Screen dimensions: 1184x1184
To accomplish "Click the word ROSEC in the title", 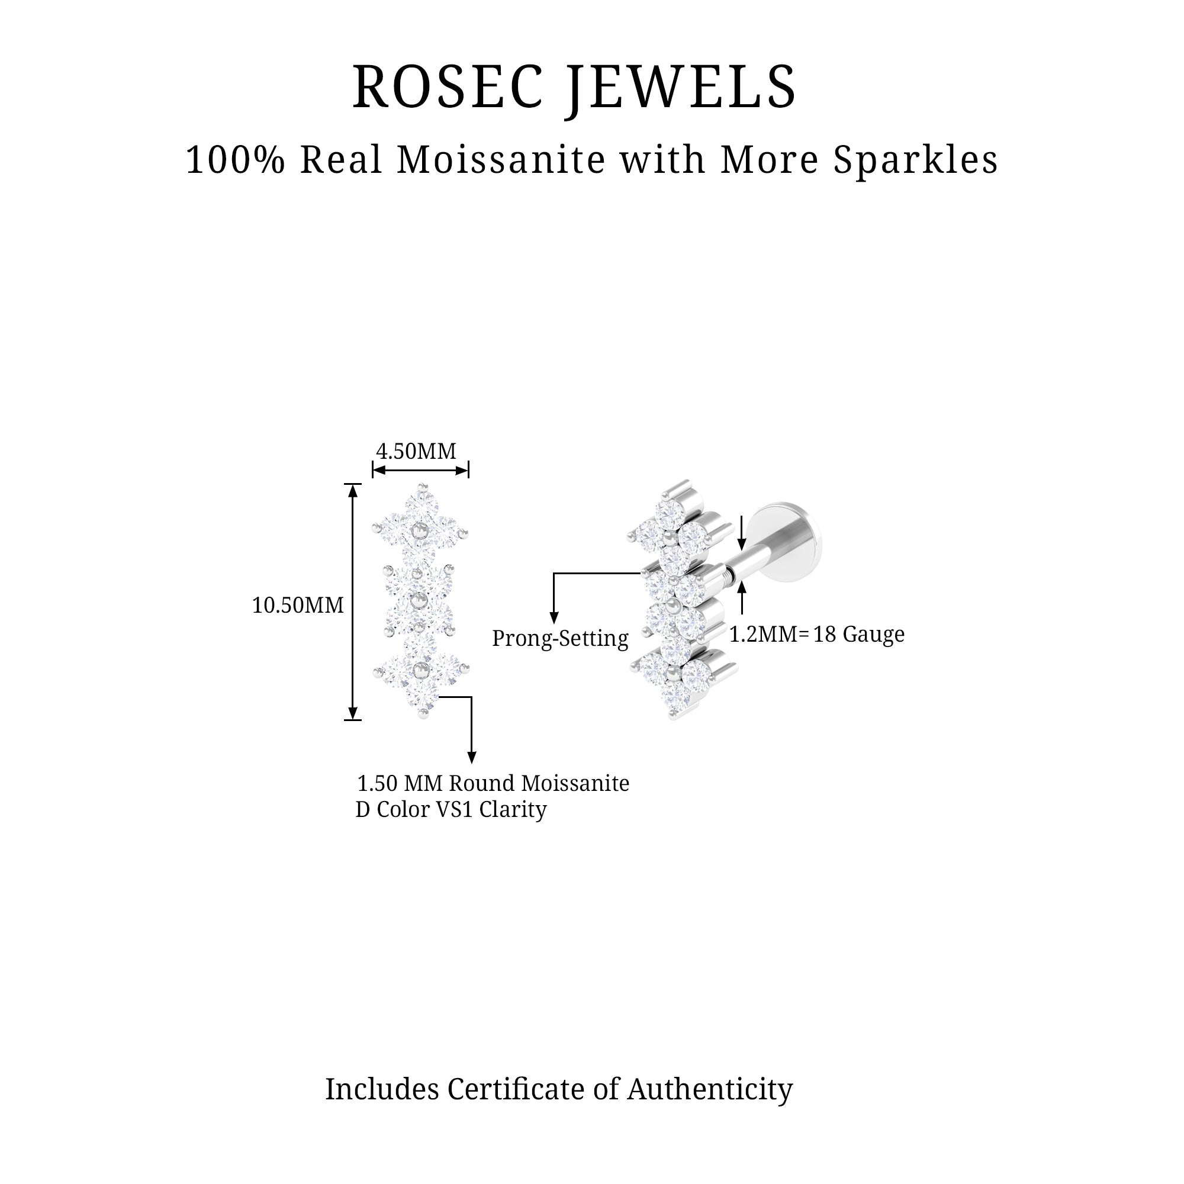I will point(448,88).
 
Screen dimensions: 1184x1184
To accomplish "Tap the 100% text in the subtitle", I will point(236,160).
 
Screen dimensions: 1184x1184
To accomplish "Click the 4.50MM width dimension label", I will point(416,452).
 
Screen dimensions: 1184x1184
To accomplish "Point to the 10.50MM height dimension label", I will point(298,606).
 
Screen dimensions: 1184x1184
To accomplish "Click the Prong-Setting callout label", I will point(560,639).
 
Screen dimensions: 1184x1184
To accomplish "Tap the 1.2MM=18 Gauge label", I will point(816,634).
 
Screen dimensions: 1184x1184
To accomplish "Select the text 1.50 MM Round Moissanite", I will point(493,783).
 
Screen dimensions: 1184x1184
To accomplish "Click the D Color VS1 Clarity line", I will point(451,809).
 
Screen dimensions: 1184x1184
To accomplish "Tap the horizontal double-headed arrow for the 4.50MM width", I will point(420,471).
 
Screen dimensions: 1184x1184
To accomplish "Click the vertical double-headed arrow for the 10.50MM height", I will point(352,602).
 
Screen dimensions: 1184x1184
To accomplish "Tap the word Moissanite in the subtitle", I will point(501,160).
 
